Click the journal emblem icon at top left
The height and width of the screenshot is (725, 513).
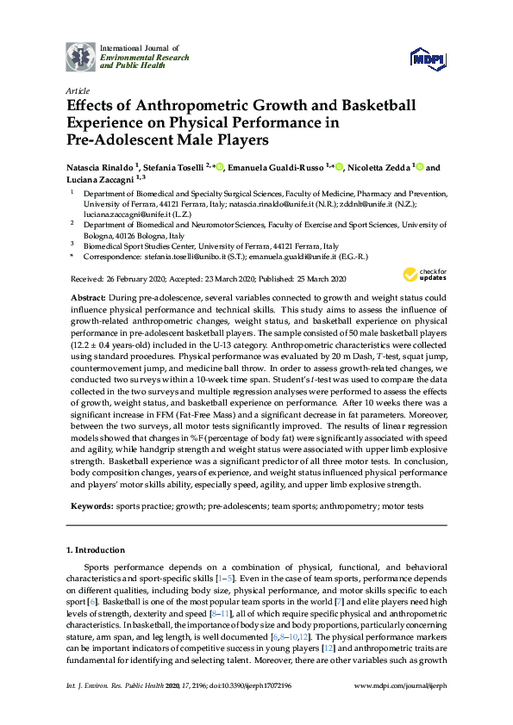pyautogui.click(x=82, y=56)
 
